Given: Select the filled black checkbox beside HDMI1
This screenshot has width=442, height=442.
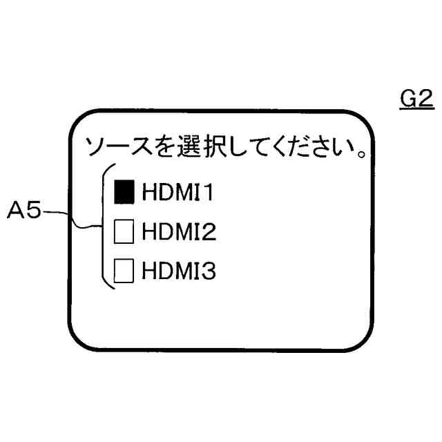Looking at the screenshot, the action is [x=124, y=191].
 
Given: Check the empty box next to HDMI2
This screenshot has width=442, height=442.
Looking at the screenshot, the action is [x=124, y=231].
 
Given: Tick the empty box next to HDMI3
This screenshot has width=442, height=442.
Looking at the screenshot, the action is [x=124, y=270].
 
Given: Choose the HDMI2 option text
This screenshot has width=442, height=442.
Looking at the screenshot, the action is [x=179, y=231].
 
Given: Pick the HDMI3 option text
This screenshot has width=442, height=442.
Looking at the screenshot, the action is [x=179, y=270].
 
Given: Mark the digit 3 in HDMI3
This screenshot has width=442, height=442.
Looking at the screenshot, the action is [x=209, y=270].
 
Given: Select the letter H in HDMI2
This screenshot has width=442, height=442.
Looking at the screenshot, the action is [x=149, y=231].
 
